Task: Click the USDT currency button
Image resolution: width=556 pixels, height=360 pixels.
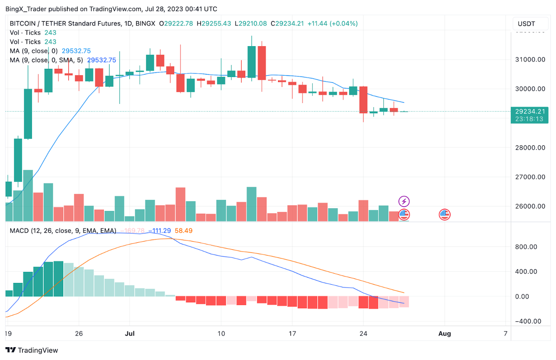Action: pyautogui.click(x=526, y=24)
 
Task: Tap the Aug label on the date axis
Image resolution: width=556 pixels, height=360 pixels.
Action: pyautogui.click(x=444, y=333)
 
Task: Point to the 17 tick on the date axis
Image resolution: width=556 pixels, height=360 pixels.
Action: pyautogui.click(x=292, y=333)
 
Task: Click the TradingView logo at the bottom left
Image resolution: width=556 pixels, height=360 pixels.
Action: pyautogui.click(x=32, y=350)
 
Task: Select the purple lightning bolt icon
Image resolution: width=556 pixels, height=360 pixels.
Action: pyautogui.click(x=404, y=201)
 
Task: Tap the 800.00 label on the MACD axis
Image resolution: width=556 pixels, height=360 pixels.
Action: pyautogui.click(x=526, y=247)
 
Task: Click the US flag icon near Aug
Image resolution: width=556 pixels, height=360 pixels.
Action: pyautogui.click(x=444, y=214)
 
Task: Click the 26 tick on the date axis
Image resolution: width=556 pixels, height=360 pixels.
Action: pyautogui.click(x=79, y=333)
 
